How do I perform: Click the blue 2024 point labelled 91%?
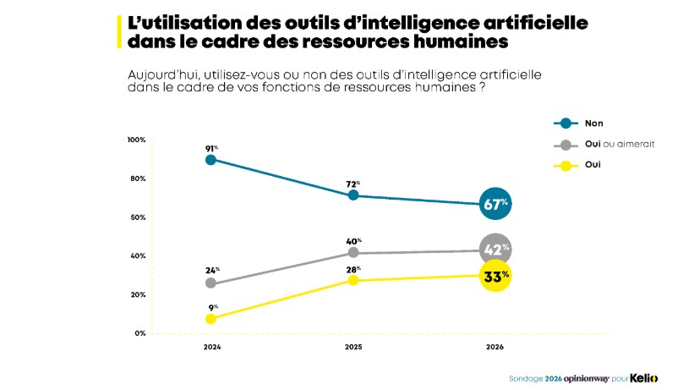coord(210,159)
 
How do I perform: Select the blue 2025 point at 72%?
coord(353,195)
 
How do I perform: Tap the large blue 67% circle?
coord(495,204)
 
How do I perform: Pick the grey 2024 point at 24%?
coord(210,283)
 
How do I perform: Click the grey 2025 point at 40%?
coord(353,253)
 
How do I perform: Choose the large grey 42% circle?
coord(495,250)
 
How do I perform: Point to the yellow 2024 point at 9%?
coord(210,319)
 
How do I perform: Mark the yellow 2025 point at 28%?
coord(353,280)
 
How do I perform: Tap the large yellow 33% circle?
coord(495,275)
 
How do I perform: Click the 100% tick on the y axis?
coord(136,140)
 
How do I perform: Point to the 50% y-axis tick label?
coord(138,217)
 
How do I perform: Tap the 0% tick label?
coord(140,333)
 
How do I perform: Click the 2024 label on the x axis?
coord(210,348)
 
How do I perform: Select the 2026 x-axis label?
coord(495,348)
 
